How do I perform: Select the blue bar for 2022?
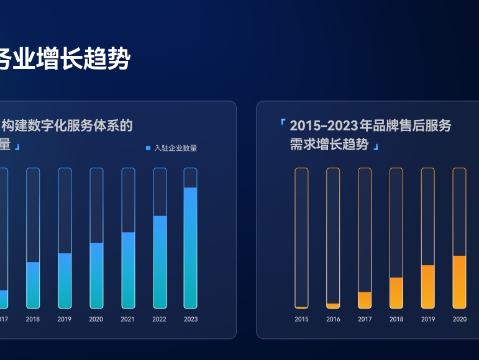[159, 261]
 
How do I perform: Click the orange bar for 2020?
[459, 282]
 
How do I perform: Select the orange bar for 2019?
[427, 286]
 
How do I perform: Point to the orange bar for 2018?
[396, 292]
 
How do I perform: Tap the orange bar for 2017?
[365, 300]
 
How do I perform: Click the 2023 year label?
[191, 319]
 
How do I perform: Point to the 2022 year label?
[159, 319]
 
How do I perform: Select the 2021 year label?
[127, 319]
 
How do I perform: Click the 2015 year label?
[301, 319]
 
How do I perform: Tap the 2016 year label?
[333, 319]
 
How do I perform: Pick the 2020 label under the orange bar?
[460, 319]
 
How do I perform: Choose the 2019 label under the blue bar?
[65, 319]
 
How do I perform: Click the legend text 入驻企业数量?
[176, 148]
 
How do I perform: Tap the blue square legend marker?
[148, 148]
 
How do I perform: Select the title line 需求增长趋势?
[329, 145]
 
